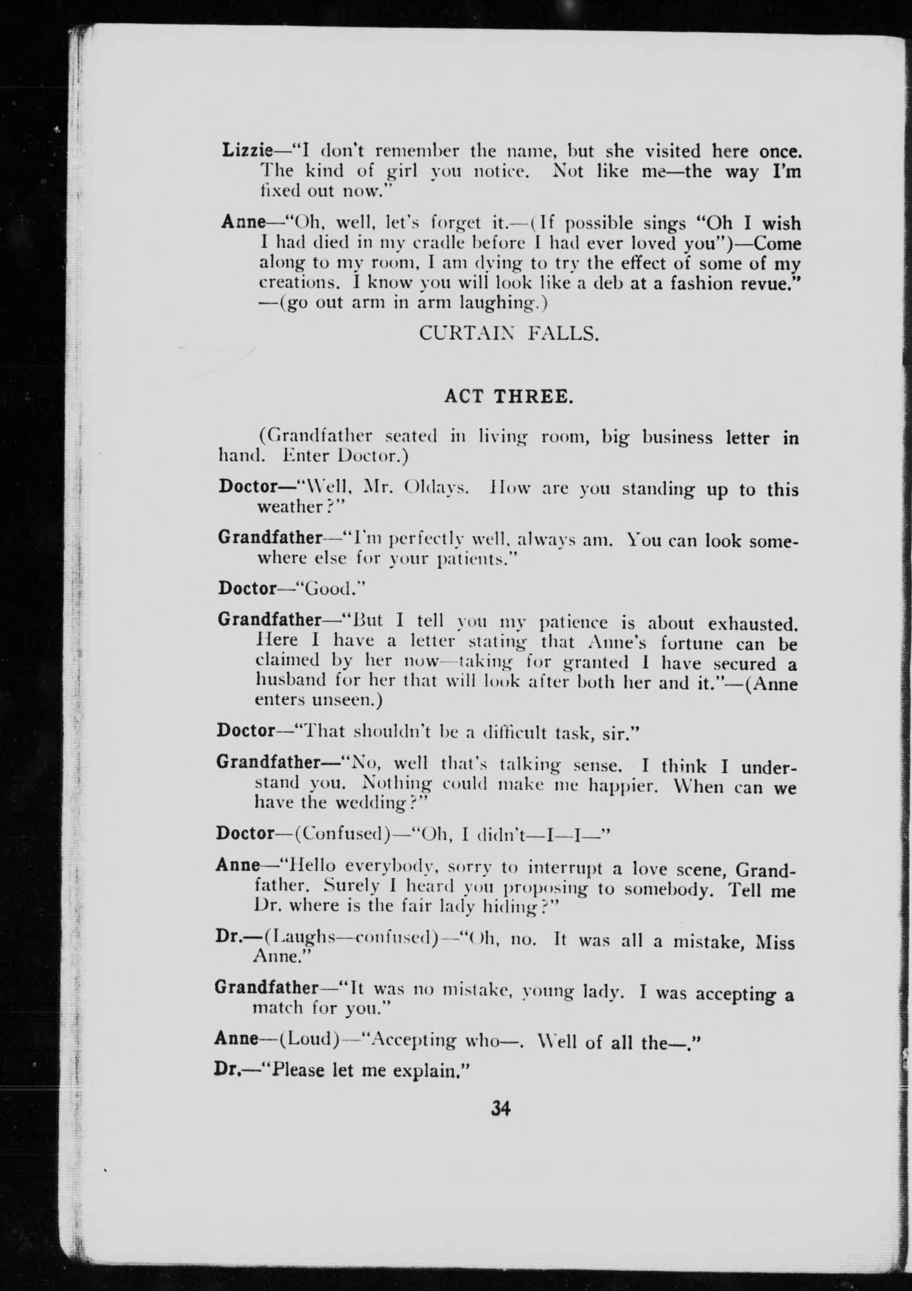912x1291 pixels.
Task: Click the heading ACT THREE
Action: click(x=508, y=396)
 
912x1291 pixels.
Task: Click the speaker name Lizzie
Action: click(x=247, y=150)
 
